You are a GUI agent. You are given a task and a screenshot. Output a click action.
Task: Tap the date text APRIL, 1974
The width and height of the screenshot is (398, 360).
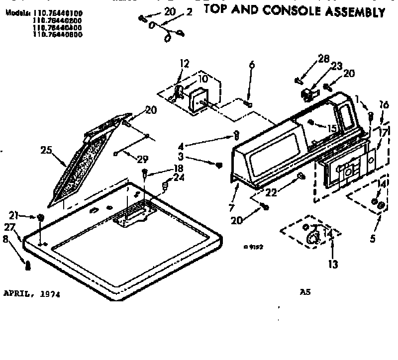coord(32,294)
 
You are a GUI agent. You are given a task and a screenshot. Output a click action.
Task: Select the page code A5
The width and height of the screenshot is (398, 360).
coord(305,293)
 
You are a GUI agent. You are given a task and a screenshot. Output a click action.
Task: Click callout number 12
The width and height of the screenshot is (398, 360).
coord(185,64)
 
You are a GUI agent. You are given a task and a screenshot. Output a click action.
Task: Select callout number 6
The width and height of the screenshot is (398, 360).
coord(252,65)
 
